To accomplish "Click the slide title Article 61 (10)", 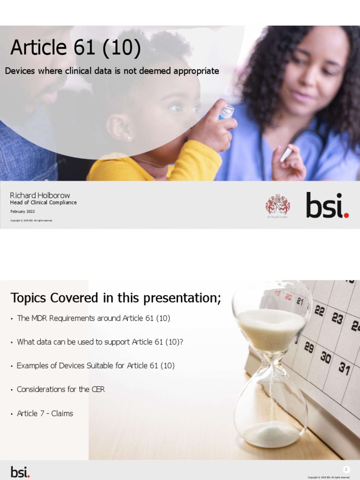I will pyautogui.click(x=75, y=48).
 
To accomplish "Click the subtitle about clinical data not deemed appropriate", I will pyautogui.click(x=112, y=71).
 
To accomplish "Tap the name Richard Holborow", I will pyautogui.click(x=40, y=195).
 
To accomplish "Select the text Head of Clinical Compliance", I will pyautogui.click(x=44, y=202).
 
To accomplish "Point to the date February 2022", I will pyautogui.click(x=22, y=211).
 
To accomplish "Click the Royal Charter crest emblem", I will pyautogui.click(x=277, y=205).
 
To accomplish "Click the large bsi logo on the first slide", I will pyautogui.click(x=327, y=205).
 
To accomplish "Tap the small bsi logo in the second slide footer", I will pyautogui.click(x=20, y=472).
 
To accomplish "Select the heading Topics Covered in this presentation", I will pyautogui.click(x=115, y=298).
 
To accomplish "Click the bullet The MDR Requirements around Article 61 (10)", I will pyautogui.click(x=93, y=318).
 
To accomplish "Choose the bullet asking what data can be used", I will pyautogui.click(x=100, y=342).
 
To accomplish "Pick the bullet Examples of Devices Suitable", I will pyautogui.click(x=96, y=366).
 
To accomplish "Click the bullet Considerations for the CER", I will pyautogui.click(x=60, y=390).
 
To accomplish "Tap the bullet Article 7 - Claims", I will pyautogui.click(x=45, y=413).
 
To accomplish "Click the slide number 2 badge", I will pyautogui.click(x=346, y=469).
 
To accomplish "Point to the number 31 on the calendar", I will pyautogui.click(x=345, y=369).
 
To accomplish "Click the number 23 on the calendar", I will pyautogui.click(x=337, y=319).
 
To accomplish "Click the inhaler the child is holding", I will pyautogui.click(x=225, y=112).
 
